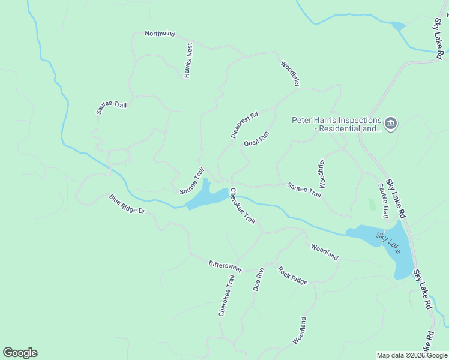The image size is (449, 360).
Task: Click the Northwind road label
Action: pos(160,34)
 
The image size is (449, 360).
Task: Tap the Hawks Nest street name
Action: pos(188,61)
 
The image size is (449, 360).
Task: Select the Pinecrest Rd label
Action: pos(244,125)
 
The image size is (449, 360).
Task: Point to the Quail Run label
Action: pos(256,139)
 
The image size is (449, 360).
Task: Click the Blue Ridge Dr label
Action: pos(127,204)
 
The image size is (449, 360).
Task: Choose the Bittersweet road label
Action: pos(225,266)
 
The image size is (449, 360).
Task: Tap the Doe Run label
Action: pos(259,280)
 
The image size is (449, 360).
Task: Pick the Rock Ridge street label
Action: pos(292,275)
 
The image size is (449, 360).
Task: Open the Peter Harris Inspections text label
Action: pos(337,124)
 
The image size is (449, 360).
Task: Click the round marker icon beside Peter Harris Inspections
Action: pos(391,124)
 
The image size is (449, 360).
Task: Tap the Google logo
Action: pos(20,353)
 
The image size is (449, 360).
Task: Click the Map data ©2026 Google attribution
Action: pos(412,355)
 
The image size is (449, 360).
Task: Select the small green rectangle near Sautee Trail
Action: pos(372,205)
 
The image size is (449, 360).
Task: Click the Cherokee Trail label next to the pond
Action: pos(243,207)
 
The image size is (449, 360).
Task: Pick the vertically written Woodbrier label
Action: pos(322,173)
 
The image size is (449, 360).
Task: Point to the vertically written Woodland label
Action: pos(300,330)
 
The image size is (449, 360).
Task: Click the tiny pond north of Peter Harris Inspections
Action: pos(397,26)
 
